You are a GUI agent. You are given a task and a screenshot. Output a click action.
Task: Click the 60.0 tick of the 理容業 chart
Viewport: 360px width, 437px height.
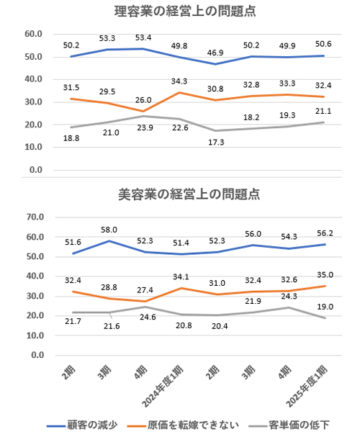[33, 34]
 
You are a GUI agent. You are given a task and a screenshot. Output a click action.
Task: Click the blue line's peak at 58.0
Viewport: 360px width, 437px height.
[110, 240]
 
